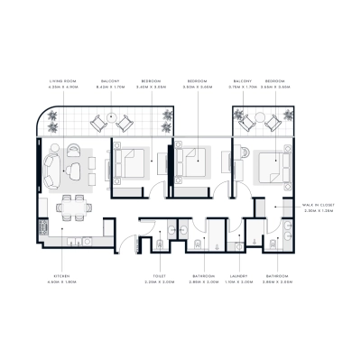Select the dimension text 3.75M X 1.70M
pos(242,88)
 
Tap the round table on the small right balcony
pos(255,118)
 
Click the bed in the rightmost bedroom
pos(268,164)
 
